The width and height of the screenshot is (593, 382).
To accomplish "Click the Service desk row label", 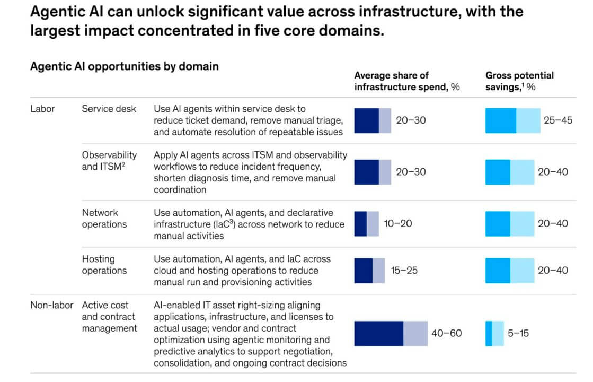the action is tap(109, 109).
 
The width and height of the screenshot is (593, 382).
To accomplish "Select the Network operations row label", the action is tap(104, 219).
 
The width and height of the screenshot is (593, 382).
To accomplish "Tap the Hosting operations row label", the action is tap(104, 265).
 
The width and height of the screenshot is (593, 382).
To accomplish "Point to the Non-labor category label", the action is tap(51, 305).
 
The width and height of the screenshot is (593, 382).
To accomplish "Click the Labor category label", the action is tap(42, 109).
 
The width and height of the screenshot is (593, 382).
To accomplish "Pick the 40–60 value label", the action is tap(447, 333).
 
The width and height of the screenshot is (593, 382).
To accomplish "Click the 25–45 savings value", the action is tap(558, 120).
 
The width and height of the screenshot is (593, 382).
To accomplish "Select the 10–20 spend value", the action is tap(398, 223).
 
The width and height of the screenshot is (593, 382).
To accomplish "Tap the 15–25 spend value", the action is tap(404, 270).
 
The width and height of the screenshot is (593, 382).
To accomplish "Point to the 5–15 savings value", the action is tap(518, 333).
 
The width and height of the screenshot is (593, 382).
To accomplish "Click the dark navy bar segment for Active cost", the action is tap(378, 334).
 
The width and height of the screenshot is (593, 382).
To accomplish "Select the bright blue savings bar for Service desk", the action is tap(501, 120).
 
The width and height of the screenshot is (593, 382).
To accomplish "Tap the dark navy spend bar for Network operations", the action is tap(360, 224).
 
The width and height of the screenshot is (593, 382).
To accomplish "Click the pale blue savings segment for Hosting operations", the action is tap(523, 271).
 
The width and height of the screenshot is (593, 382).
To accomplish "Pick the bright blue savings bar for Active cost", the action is tap(489, 334).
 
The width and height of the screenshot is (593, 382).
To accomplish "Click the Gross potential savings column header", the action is tap(520, 81).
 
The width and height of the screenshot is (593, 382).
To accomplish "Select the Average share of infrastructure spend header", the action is tap(407, 81).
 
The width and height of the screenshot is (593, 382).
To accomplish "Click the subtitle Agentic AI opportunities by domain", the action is tap(125, 66).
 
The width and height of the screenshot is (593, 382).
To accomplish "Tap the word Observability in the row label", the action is tap(109, 155).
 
